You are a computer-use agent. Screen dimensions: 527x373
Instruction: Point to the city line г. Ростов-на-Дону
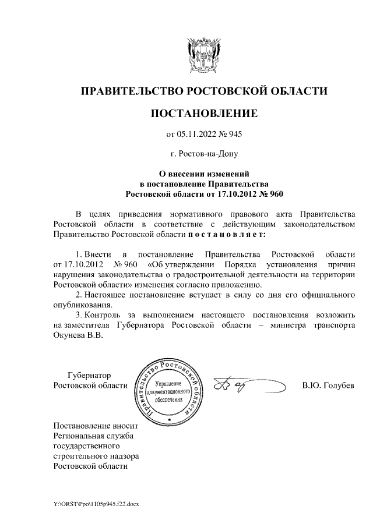pos(203,154)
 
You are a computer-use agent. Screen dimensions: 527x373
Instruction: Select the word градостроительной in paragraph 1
pos(225,274)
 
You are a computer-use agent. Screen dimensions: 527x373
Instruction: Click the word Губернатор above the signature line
pos(89,375)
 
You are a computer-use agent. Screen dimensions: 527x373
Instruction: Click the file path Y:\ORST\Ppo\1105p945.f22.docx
pos(96,504)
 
